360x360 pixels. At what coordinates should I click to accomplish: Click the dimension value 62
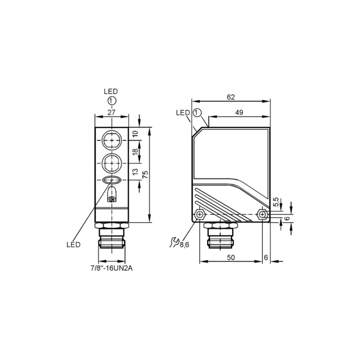(231, 97)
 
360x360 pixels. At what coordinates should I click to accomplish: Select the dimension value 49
(239, 112)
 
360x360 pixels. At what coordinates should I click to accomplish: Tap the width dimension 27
(111, 112)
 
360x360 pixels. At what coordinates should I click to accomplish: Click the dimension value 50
(231, 257)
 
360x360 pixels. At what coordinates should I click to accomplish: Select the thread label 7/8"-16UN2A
(112, 268)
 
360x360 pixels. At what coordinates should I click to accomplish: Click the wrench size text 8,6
(184, 245)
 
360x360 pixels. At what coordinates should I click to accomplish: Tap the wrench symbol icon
(174, 242)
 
